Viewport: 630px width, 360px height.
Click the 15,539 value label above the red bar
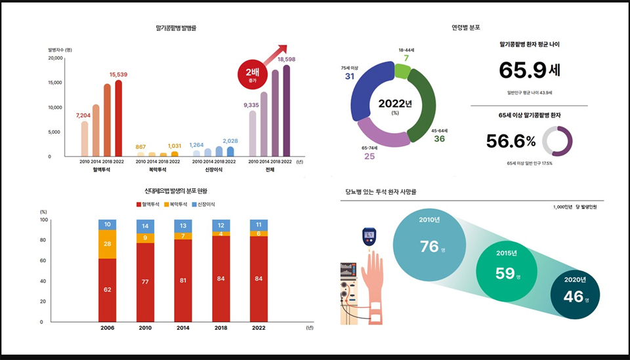[118, 75]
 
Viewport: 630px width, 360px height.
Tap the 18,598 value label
[286, 59]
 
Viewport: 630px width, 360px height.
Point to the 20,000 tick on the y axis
[54, 58]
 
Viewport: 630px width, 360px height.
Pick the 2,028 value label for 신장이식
[230, 141]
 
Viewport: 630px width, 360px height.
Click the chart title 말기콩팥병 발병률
[177, 28]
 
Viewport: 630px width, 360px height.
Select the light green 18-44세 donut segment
[402, 70]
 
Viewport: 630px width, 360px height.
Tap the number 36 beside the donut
[439, 139]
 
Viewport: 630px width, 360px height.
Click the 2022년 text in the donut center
[395, 104]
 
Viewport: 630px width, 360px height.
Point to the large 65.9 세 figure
[529, 70]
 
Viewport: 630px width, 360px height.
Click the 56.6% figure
[511, 141]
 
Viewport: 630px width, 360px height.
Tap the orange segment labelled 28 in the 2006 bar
[107, 244]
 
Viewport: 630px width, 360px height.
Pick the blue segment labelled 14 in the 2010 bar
[145, 226]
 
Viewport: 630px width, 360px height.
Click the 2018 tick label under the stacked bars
[221, 327]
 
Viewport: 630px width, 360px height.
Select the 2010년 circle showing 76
[429, 245]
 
